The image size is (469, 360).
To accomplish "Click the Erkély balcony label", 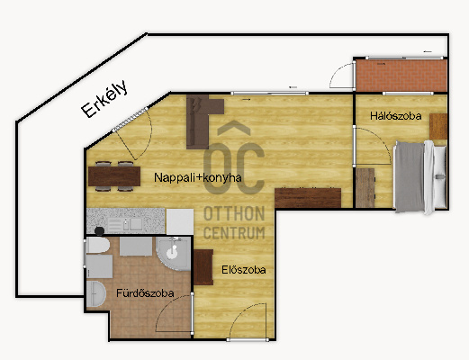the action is click(x=104, y=98).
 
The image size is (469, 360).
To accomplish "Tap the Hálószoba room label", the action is click(x=395, y=116).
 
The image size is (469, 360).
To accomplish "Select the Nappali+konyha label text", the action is click(x=198, y=177).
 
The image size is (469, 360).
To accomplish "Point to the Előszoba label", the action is click(x=244, y=270).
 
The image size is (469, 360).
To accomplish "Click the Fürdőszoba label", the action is click(x=145, y=292).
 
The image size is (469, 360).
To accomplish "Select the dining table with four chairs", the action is click(x=114, y=176).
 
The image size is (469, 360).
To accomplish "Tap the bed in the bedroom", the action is click(x=420, y=177).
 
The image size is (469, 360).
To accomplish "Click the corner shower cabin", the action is click(x=174, y=254).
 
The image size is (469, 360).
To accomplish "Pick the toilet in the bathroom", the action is click(x=97, y=246).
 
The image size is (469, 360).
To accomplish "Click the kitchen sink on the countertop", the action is click(x=125, y=224).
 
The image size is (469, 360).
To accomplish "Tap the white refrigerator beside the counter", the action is click(x=180, y=221).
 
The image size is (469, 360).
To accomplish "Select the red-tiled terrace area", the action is click(x=401, y=76).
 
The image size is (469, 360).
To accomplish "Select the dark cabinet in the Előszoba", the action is click(x=203, y=267).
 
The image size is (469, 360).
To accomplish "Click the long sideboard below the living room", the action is click(x=308, y=198).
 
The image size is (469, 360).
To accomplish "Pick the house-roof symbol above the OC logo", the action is click(x=234, y=128).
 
